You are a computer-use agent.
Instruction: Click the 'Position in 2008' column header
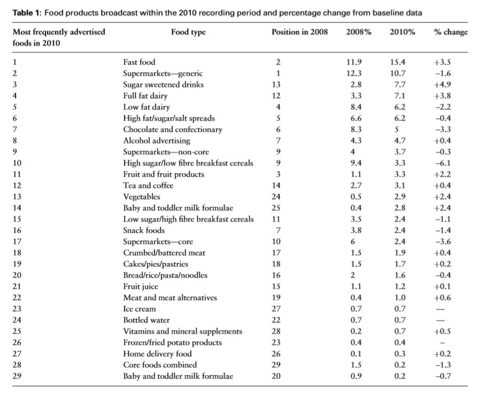[x=299, y=32]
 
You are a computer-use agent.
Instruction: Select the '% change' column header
[x=451, y=32]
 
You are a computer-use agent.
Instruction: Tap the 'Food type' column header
[x=188, y=32]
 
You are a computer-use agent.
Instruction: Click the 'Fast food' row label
[x=139, y=62]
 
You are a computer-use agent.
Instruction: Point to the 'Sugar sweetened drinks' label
[x=163, y=84]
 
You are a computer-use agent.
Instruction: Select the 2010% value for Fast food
[x=397, y=62]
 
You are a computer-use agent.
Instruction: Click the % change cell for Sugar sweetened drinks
[x=442, y=84]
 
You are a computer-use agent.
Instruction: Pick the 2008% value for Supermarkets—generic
[x=354, y=73]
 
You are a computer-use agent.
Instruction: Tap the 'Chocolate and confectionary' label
[x=173, y=129]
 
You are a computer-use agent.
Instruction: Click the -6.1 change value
[x=443, y=163]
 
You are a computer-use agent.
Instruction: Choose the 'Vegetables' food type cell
[x=142, y=197]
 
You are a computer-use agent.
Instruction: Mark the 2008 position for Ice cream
[x=276, y=309]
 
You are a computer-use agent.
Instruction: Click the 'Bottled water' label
[x=146, y=320]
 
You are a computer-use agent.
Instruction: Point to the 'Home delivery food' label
[x=157, y=354]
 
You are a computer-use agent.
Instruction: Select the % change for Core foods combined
[x=443, y=365]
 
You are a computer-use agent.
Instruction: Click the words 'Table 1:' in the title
[x=27, y=13]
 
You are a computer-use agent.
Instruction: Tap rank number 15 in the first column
[x=17, y=220]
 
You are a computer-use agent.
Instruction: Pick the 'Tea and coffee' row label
[x=148, y=185]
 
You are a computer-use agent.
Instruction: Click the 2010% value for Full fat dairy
[x=400, y=96]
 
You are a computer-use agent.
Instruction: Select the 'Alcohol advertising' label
[x=157, y=141]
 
